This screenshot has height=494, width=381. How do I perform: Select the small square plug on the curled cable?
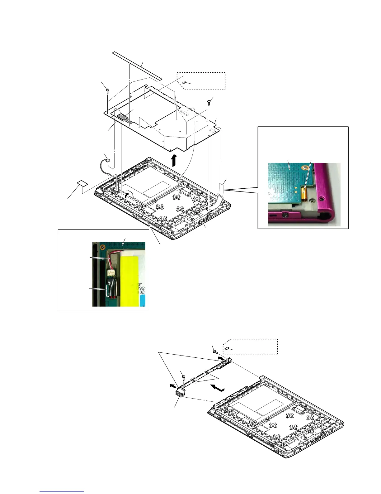(108, 160)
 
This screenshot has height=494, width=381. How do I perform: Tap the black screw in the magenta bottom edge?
(284, 215)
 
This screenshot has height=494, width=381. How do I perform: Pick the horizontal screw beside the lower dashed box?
(215, 351)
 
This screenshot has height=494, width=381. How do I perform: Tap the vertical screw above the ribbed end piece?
(183, 377)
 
